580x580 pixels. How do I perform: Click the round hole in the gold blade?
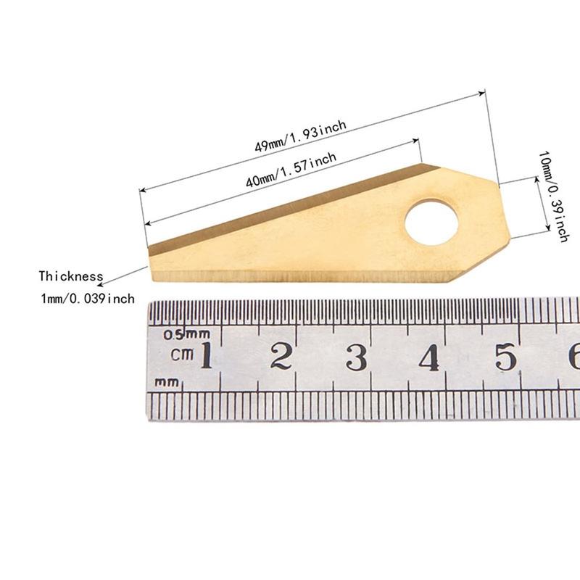(x=431, y=223)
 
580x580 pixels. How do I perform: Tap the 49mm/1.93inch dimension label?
(x=300, y=136)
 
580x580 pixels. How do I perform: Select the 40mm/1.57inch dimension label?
(x=291, y=170)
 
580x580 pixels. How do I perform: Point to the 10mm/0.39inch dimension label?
(x=553, y=196)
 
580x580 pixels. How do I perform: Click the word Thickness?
(x=71, y=276)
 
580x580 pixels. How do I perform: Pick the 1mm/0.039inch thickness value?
(x=88, y=299)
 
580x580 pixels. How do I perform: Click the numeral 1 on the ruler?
(x=207, y=355)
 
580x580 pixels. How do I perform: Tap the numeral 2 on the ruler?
(x=281, y=356)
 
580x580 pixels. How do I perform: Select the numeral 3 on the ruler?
(x=357, y=357)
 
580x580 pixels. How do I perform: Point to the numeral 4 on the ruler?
(x=429, y=357)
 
